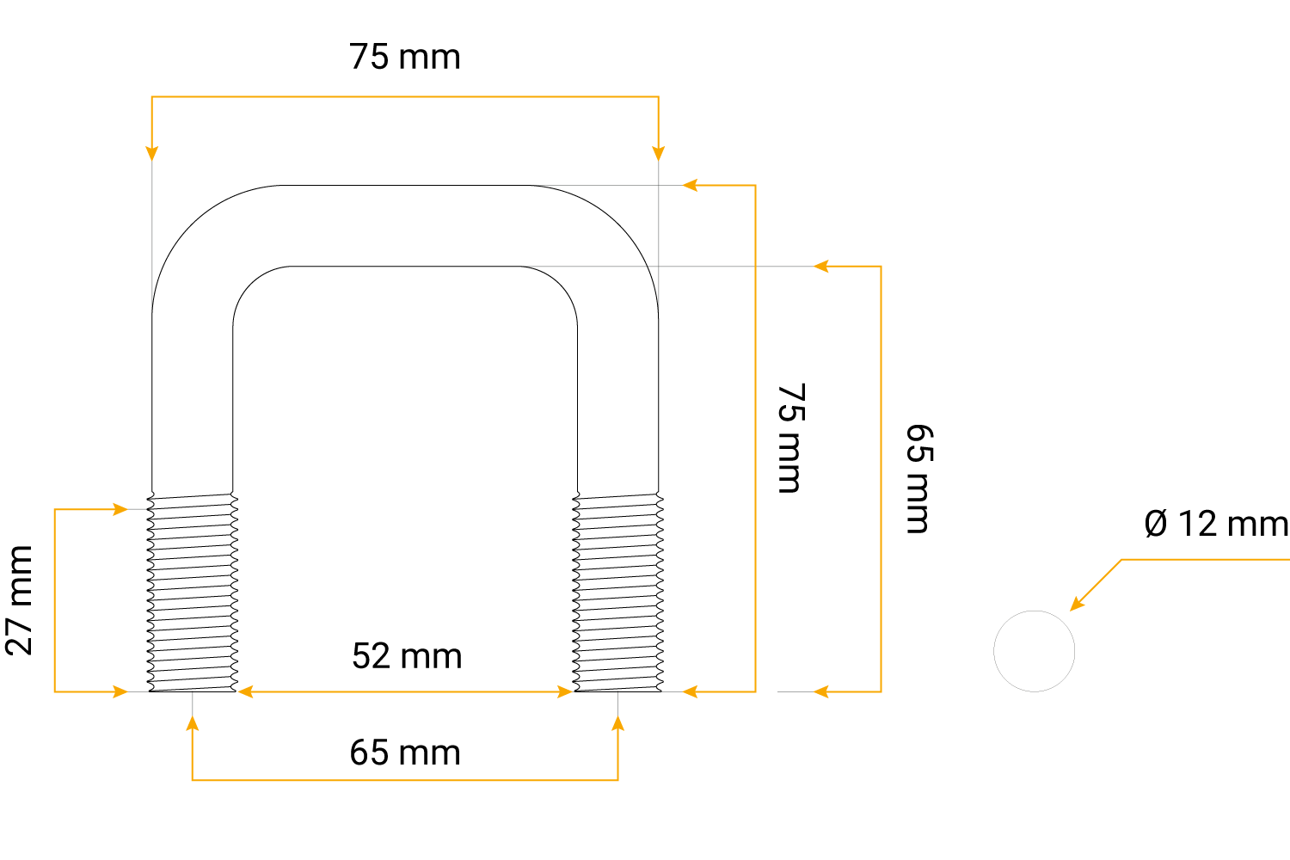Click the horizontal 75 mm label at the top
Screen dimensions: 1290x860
point(404,57)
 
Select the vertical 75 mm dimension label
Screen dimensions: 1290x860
point(791,439)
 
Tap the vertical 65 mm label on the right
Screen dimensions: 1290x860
point(919,479)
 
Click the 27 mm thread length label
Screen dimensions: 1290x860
point(18,600)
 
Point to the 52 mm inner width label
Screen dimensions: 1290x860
point(407,655)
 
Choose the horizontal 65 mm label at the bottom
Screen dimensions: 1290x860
point(405,752)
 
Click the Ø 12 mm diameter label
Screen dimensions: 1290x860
point(1216,524)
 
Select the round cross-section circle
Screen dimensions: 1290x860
point(1034,651)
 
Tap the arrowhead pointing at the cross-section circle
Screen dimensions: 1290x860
point(1077,603)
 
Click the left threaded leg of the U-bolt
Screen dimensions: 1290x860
point(193,593)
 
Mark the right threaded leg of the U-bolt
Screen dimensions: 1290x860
point(618,593)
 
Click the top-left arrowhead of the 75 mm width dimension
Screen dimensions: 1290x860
point(152,154)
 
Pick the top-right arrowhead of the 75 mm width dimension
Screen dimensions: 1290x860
point(658,154)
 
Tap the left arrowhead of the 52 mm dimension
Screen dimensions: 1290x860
point(245,691)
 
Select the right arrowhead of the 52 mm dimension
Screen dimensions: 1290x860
point(565,691)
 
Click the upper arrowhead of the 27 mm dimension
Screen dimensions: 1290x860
point(120,509)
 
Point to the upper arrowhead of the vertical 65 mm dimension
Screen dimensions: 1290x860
point(820,266)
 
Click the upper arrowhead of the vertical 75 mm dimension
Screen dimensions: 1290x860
point(690,186)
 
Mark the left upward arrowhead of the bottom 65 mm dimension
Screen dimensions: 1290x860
point(193,723)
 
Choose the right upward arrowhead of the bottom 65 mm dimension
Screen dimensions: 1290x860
point(618,723)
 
